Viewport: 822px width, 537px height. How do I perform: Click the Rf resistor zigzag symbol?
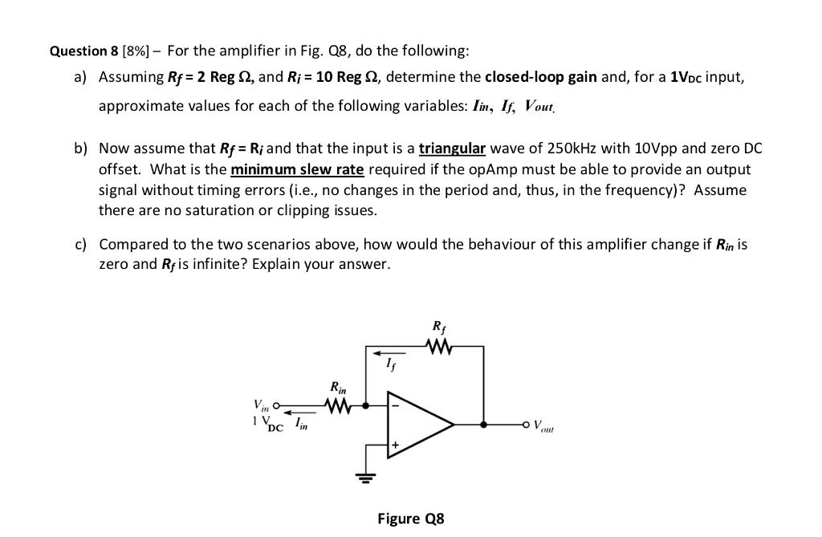coord(437,347)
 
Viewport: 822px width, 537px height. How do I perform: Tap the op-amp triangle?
coord(417,424)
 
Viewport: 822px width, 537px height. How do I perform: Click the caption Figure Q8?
coord(410,518)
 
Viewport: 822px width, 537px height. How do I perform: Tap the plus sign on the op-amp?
coord(395,443)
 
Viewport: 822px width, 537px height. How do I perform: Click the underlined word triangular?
coord(452,148)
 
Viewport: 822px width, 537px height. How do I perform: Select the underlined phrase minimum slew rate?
coord(297,169)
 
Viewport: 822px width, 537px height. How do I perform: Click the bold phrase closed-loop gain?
coord(540,77)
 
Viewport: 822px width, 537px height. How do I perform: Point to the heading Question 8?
coord(83,51)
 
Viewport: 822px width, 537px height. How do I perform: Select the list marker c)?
coord(81,244)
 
